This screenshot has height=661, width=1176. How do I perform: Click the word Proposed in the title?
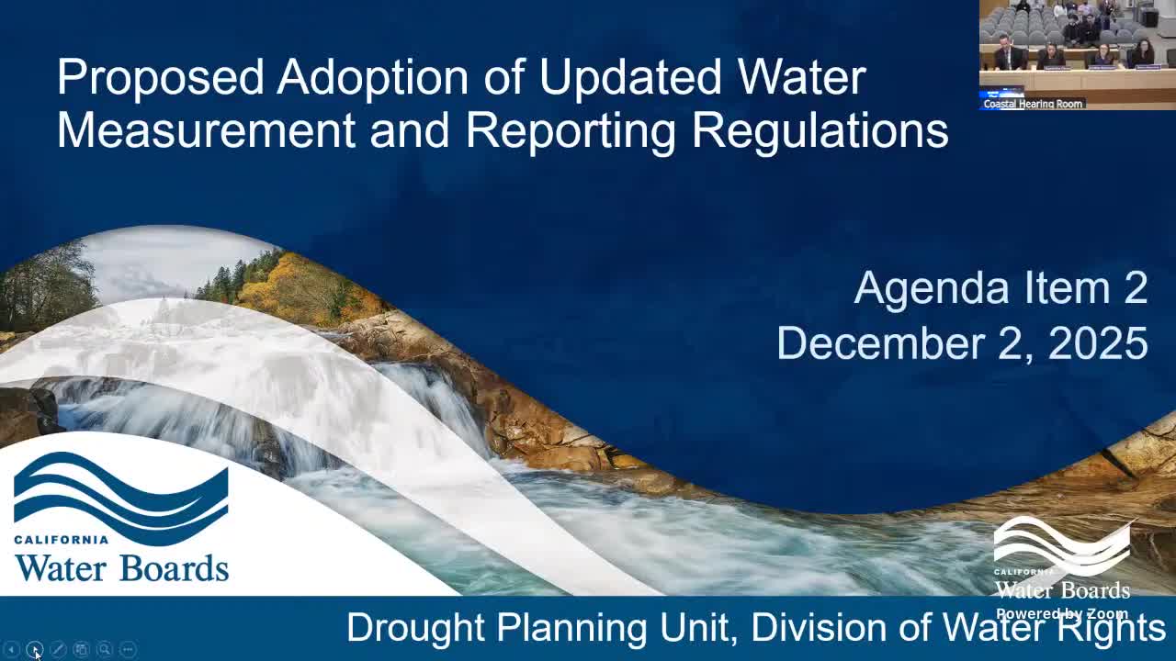click(161, 77)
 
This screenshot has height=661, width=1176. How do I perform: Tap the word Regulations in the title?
click(820, 130)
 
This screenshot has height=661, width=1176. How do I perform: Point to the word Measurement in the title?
click(206, 130)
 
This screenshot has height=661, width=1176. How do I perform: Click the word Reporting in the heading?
click(571, 130)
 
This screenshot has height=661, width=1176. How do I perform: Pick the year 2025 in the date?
click(1098, 343)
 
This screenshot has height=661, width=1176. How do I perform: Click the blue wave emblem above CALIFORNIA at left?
click(120, 497)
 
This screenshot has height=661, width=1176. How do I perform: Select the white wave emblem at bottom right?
click(1062, 546)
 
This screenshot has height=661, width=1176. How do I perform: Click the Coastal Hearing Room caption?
click(1033, 104)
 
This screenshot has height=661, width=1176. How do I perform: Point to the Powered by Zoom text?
click(1061, 614)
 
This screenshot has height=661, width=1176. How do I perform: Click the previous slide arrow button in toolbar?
click(12, 649)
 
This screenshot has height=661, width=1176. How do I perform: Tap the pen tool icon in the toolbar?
click(58, 649)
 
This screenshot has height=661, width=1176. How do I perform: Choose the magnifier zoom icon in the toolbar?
click(105, 649)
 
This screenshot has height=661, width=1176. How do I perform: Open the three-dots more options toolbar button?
click(128, 649)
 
